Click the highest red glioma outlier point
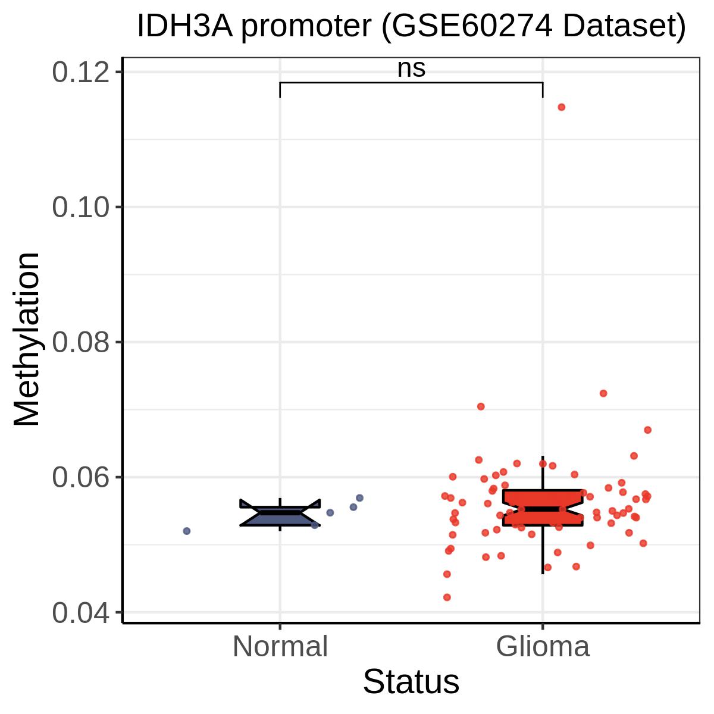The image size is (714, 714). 561,107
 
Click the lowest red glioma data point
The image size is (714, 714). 447,597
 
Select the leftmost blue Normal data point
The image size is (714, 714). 187,531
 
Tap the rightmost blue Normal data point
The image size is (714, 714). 359,497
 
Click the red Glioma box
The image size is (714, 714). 543,508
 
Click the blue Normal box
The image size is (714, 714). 280,513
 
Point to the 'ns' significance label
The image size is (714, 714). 411,69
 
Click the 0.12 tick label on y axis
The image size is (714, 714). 81,72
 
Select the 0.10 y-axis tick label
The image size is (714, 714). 81,207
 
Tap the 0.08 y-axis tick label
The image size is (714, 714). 81,342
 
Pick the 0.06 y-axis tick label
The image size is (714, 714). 81,477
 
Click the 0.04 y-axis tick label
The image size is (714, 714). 81,612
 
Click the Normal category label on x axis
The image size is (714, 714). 280,647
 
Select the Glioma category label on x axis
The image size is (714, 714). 543,647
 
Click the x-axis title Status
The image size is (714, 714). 411,682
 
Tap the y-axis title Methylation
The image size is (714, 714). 27,339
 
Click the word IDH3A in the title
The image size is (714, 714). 185,27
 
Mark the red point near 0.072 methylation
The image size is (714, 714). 603,393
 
